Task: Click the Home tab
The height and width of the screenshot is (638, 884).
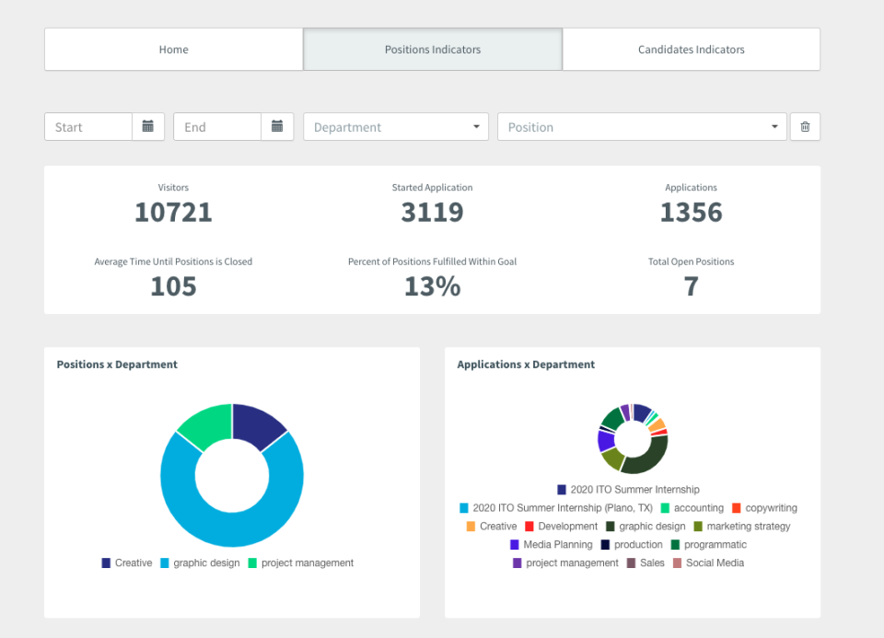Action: pos(173,50)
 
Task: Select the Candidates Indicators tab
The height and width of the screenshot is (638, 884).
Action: pos(691,50)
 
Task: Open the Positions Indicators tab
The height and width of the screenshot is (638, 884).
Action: pos(433,50)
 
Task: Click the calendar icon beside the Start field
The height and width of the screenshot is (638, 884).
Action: pos(148,127)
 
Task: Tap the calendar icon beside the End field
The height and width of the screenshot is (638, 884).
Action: pos(277,127)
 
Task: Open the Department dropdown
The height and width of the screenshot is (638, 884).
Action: pos(396,127)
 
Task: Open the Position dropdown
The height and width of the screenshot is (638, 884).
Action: pos(642,127)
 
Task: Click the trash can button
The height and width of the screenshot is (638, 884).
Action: pos(805,127)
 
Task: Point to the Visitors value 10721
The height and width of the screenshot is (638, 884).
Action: pos(173,213)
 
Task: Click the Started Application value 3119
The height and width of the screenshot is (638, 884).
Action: pos(432,213)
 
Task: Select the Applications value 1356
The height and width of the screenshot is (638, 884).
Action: pos(691,213)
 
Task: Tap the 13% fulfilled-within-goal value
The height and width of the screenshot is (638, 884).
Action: pos(432,286)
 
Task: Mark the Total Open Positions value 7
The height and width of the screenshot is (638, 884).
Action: pos(691,286)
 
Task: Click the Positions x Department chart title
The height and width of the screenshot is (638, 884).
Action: pos(117,365)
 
